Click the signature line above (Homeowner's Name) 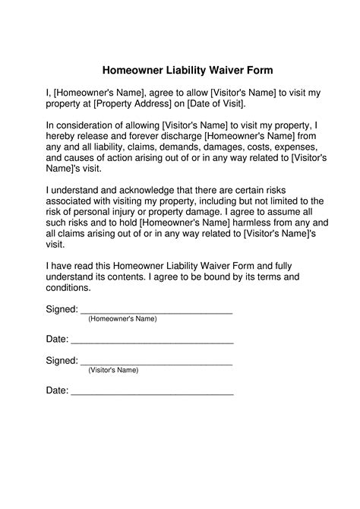click(156, 312)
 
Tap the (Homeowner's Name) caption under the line click(122, 319)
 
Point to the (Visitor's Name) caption click(113, 370)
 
